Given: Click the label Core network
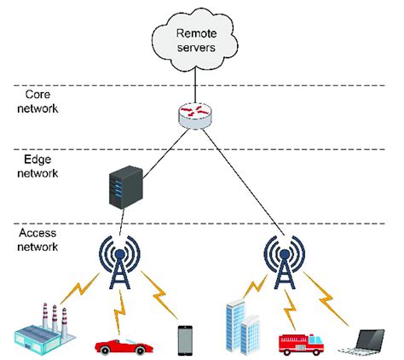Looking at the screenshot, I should pyautogui.click(x=42, y=102).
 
